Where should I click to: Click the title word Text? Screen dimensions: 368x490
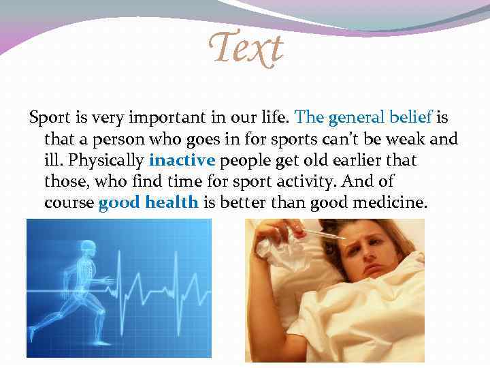click(x=246, y=49)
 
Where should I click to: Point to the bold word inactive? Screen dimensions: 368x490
click(x=182, y=161)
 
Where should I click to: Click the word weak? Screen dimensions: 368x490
click(x=408, y=140)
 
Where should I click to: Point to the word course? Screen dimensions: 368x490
click(x=69, y=203)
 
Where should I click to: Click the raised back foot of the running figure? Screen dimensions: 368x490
click(x=33, y=333)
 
